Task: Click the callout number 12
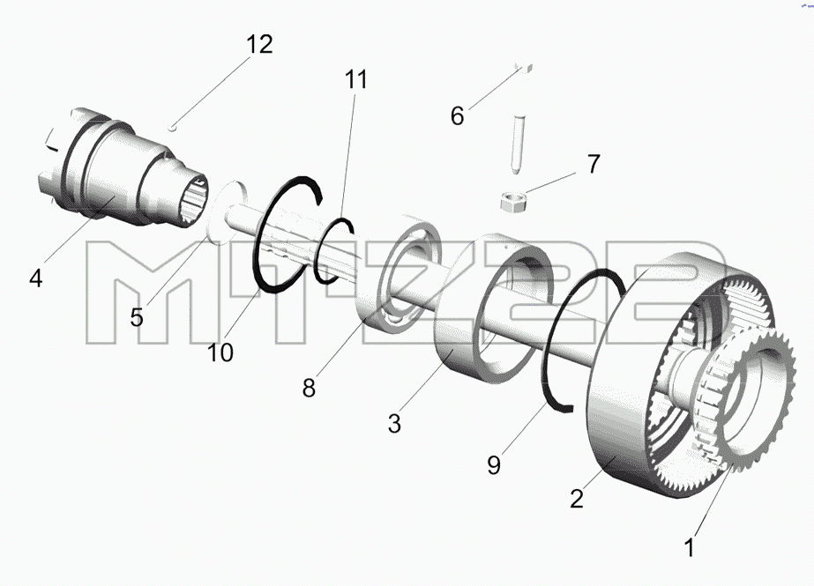259,45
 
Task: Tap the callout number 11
356,79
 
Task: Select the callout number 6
457,116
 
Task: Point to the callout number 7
594,164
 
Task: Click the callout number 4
36,278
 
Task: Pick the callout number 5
137,317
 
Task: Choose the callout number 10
220,353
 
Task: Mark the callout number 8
309,388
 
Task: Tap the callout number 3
394,424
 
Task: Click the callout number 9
494,465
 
